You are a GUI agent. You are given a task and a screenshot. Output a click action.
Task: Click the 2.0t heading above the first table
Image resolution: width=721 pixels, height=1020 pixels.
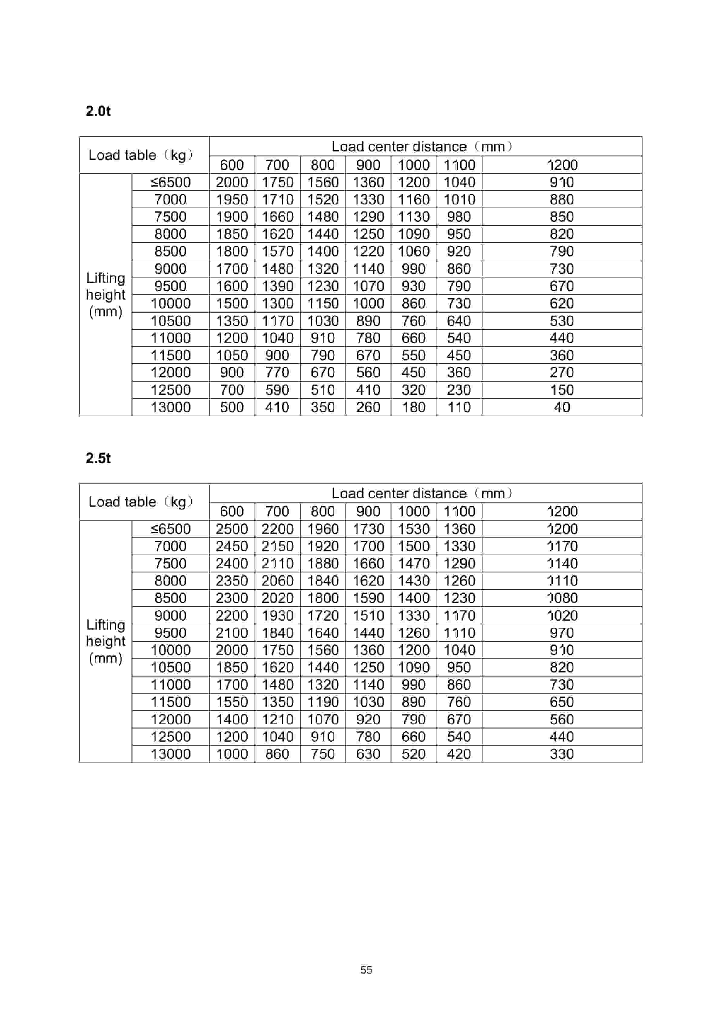tap(98, 111)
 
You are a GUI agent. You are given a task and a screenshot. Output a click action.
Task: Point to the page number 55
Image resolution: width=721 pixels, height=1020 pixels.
tap(366, 970)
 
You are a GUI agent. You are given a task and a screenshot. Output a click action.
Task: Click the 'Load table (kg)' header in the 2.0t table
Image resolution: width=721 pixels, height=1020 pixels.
tap(141, 155)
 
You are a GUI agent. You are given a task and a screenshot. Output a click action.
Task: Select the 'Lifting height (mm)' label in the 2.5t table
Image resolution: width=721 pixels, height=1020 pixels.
tap(105, 641)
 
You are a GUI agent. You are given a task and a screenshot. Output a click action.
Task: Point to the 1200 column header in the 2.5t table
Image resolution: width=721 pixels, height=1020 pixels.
tap(562, 511)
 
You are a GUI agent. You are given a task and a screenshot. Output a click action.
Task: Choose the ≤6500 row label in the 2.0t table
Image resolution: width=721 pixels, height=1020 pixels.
tap(170, 182)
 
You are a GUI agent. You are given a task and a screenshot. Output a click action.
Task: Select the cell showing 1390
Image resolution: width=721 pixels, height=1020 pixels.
tap(277, 286)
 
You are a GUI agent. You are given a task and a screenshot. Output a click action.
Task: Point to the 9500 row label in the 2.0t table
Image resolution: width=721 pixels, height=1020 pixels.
tap(170, 286)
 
